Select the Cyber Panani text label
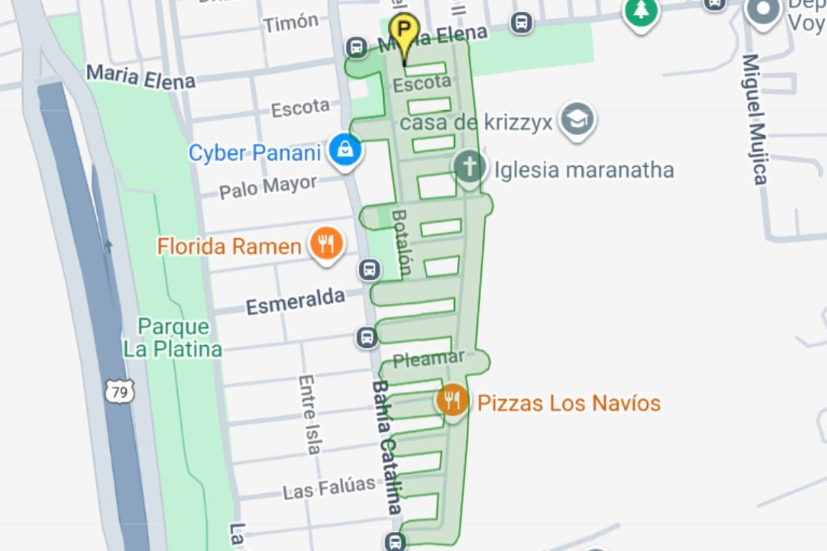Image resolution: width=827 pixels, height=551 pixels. (255, 152)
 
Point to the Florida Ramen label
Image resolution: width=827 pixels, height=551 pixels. (229, 246)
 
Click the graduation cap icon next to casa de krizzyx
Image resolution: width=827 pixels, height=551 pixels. (577, 120)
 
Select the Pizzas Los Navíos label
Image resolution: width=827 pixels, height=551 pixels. (569, 403)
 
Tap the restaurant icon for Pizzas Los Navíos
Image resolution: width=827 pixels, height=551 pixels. (452, 400)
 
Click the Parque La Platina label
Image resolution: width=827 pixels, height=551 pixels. (172, 337)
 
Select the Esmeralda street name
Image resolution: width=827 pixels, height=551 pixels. (296, 302)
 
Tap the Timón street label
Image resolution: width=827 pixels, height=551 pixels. (291, 23)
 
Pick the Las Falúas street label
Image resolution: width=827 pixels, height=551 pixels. (329, 488)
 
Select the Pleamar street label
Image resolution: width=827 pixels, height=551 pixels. (429, 359)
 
